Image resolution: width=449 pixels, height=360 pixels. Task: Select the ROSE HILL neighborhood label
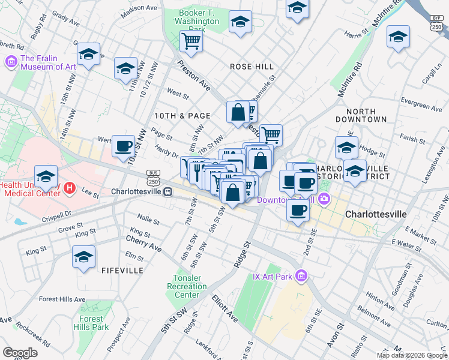pyautogui.click(x=252, y=67)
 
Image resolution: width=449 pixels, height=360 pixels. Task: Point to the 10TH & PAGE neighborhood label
pyautogui.click(x=182, y=115)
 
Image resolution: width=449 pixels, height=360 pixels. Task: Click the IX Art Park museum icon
pyautogui.click(x=301, y=276)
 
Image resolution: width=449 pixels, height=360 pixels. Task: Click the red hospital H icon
pyautogui.click(x=69, y=188)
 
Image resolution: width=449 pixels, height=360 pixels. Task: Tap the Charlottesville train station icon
pyautogui.click(x=169, y=191)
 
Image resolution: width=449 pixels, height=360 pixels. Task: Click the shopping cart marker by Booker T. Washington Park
pyautogui.click(x=191, y=41)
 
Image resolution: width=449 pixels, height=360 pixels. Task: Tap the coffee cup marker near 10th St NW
pyautogui.click(x=124, y=146)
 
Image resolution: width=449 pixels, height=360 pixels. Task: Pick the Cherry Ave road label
pyautogui.click(x=143, y=242)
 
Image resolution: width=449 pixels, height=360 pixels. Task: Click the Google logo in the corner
pyautogui.click(x=20, y=352)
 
